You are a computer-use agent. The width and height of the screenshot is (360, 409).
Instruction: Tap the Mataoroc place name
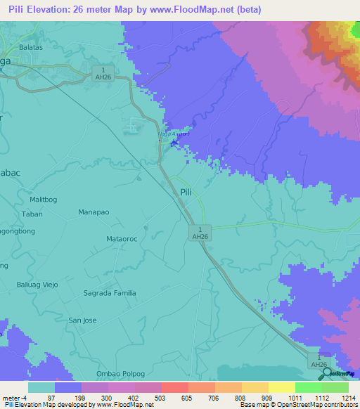(x=121, y=239)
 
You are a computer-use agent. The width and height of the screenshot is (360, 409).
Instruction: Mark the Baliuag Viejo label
(x=37, y=285)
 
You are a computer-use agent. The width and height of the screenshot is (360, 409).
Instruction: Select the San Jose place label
(x=82, y=320)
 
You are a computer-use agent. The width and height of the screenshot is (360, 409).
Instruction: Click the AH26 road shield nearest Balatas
(x=103, y=73)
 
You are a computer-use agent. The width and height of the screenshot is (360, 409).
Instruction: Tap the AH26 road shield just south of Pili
(x=200, y=233)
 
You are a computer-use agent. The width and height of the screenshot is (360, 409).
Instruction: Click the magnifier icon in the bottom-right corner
(x=328, y=373)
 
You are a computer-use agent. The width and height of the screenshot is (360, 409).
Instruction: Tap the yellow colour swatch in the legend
(x=254, y=387)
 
